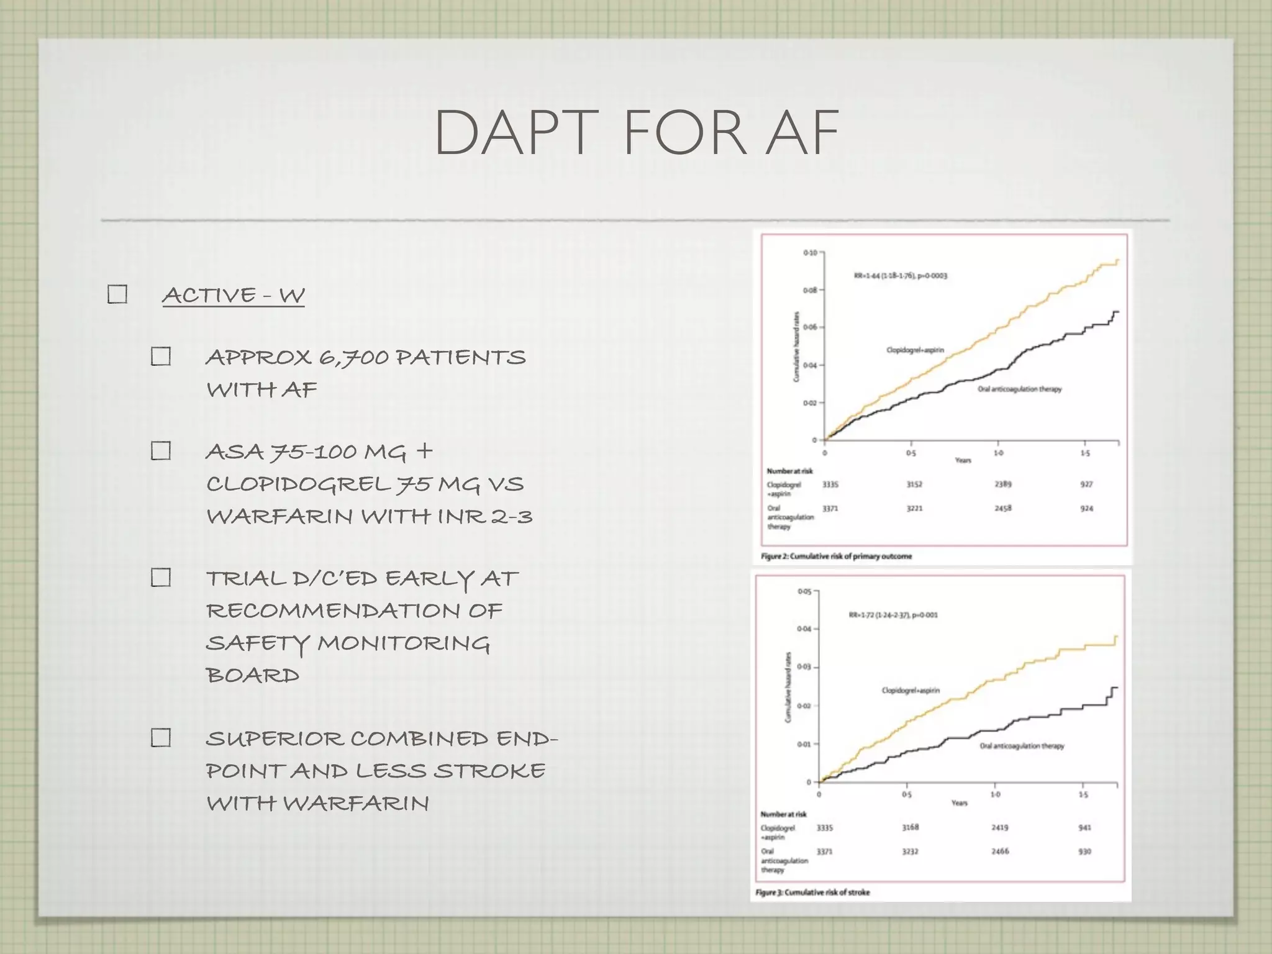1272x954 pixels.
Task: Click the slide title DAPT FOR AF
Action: (x=636, y=133)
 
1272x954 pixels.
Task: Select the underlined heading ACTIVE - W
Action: (x=233, y=295)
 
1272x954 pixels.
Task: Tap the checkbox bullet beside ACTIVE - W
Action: (x=117, y=294)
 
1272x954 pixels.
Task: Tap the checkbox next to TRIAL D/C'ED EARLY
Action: (x=161, y=578)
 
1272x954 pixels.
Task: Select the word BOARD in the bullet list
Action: (x=252, y=675)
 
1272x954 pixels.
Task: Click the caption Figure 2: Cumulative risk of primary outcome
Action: (x=836, y=556)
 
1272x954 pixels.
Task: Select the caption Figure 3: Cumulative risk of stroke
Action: (x=812, y=893)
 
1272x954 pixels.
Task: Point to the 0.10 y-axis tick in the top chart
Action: (x=810, y=253)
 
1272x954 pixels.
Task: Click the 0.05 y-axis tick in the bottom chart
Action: (x=804, y=591)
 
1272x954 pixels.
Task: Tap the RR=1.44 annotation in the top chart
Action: (x=901, y=276)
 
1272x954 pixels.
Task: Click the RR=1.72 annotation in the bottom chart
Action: (x=893, y=615)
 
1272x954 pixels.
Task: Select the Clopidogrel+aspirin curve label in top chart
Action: (x=915, y=350)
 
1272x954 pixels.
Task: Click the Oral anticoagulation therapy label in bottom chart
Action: (x=1022, y=746)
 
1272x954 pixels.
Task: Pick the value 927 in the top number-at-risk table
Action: (x=1086, y=484)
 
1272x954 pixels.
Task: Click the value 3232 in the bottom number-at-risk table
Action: (x=910, y=852)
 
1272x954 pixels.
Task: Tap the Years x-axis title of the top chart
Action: (x=963, y=460)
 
